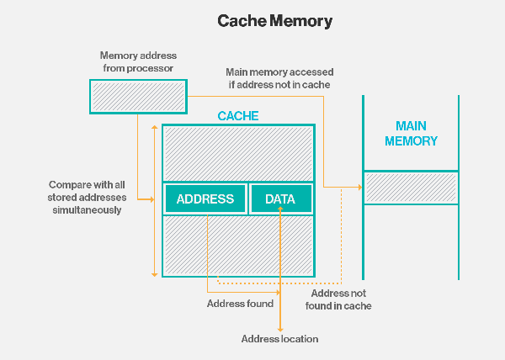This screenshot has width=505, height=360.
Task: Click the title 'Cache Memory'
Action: click(252, 19)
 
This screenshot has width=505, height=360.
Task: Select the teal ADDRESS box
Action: click(205, 199)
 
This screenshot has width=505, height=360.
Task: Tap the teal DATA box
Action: click(280, 199)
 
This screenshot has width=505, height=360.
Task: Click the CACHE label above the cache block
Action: click(238, 116)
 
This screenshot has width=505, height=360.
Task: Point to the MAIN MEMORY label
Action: click(411, 134)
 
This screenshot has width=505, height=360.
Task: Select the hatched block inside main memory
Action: click(411, 187)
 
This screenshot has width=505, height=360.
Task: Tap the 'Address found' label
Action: click(240, 303)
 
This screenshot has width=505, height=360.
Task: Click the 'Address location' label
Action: click(279, 338)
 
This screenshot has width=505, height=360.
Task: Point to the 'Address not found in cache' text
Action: click(341, 299)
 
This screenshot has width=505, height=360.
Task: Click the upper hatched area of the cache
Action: click(238, 153)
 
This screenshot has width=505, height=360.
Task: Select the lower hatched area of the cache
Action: click(238, 245)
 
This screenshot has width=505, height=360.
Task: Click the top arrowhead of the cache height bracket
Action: click(153, 128)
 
